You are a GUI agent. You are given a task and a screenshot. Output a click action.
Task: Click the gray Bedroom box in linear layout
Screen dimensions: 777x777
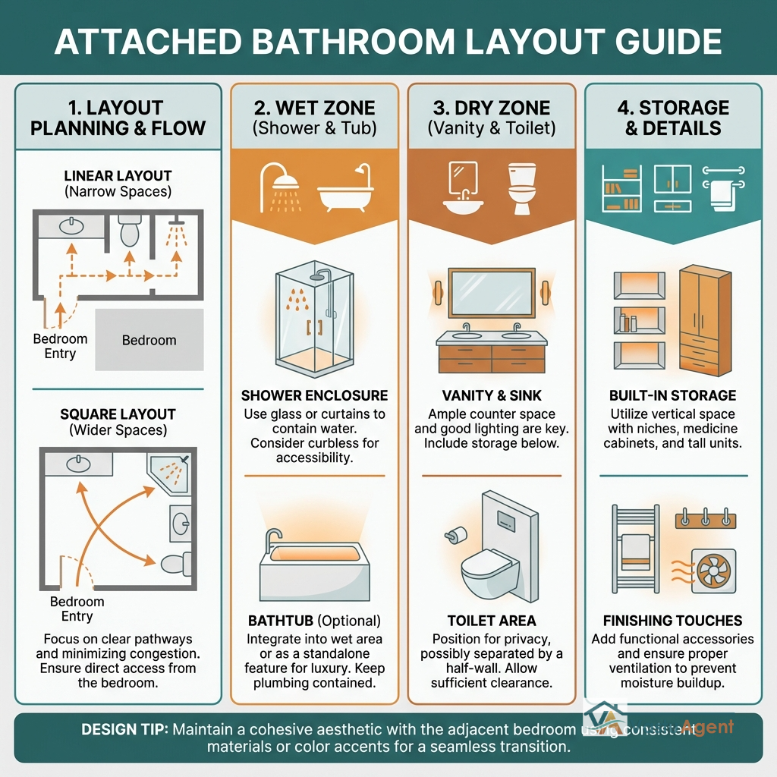149,340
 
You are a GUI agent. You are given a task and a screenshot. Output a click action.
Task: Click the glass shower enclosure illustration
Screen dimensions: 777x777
313,319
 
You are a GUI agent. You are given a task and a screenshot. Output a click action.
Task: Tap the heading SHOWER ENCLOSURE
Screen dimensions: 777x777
314,395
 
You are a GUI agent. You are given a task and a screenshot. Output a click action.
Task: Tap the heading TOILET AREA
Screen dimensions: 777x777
491,621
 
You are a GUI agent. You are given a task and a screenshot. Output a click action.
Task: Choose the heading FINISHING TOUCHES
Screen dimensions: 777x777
673,621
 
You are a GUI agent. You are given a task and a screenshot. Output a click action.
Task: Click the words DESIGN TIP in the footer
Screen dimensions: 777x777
124,729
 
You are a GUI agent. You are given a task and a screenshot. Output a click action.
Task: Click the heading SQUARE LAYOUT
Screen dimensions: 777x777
118,414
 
